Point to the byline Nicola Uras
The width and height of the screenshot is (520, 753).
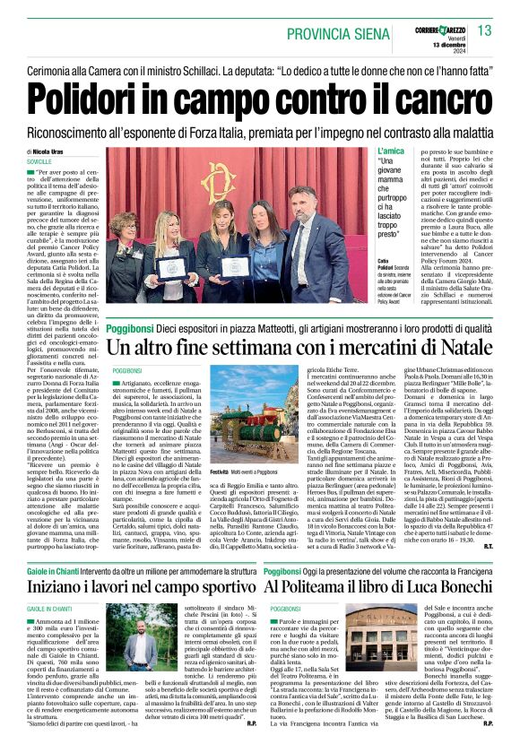coord(56,153)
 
